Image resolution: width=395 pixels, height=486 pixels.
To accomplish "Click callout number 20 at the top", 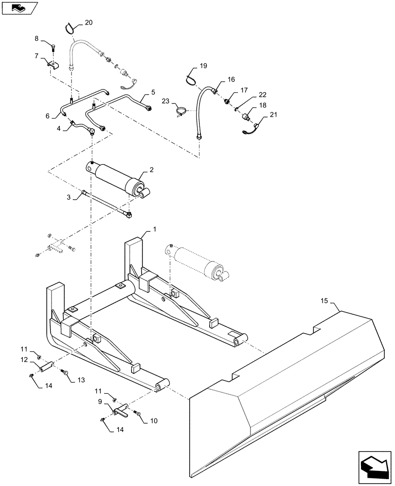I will (x=88, y=22).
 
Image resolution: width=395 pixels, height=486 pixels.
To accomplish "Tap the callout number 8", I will (x=36, y=38).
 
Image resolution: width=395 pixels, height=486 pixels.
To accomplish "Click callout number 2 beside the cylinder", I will (x=152, y=170).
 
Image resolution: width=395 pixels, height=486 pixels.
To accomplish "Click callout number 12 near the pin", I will (x=23, y=360).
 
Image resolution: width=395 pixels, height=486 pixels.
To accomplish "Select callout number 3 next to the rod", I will (x=69, y=198).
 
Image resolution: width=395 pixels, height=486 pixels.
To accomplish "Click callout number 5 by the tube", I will (x=153, y=91).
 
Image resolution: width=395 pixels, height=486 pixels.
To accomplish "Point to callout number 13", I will (x=81, y=380).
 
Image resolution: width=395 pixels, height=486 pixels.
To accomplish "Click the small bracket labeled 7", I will (x=52, y=65).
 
